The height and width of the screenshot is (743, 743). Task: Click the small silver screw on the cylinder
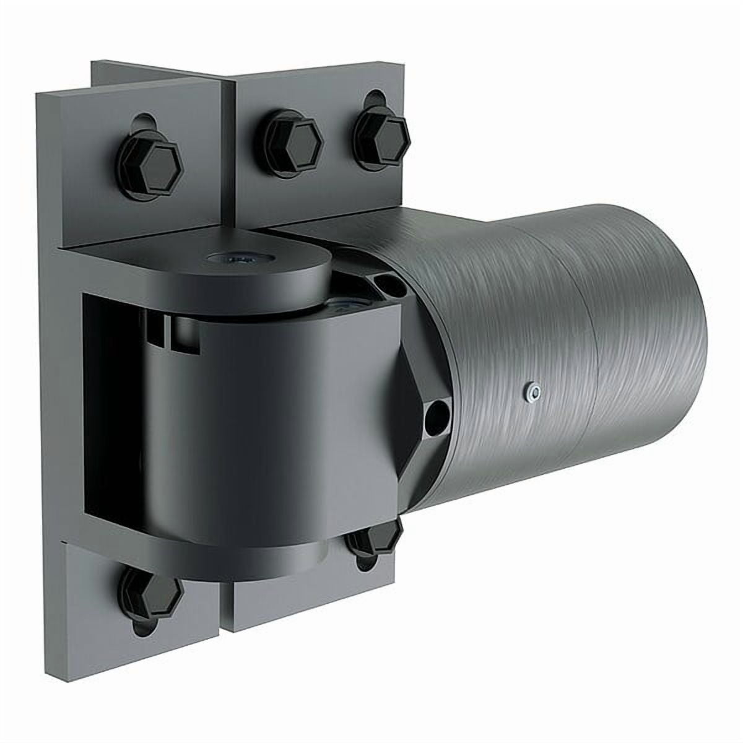[531, 390]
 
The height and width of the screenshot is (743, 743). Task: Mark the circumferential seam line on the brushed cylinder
[588, 371]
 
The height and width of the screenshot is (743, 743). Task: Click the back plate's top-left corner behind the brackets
[99, 68]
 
